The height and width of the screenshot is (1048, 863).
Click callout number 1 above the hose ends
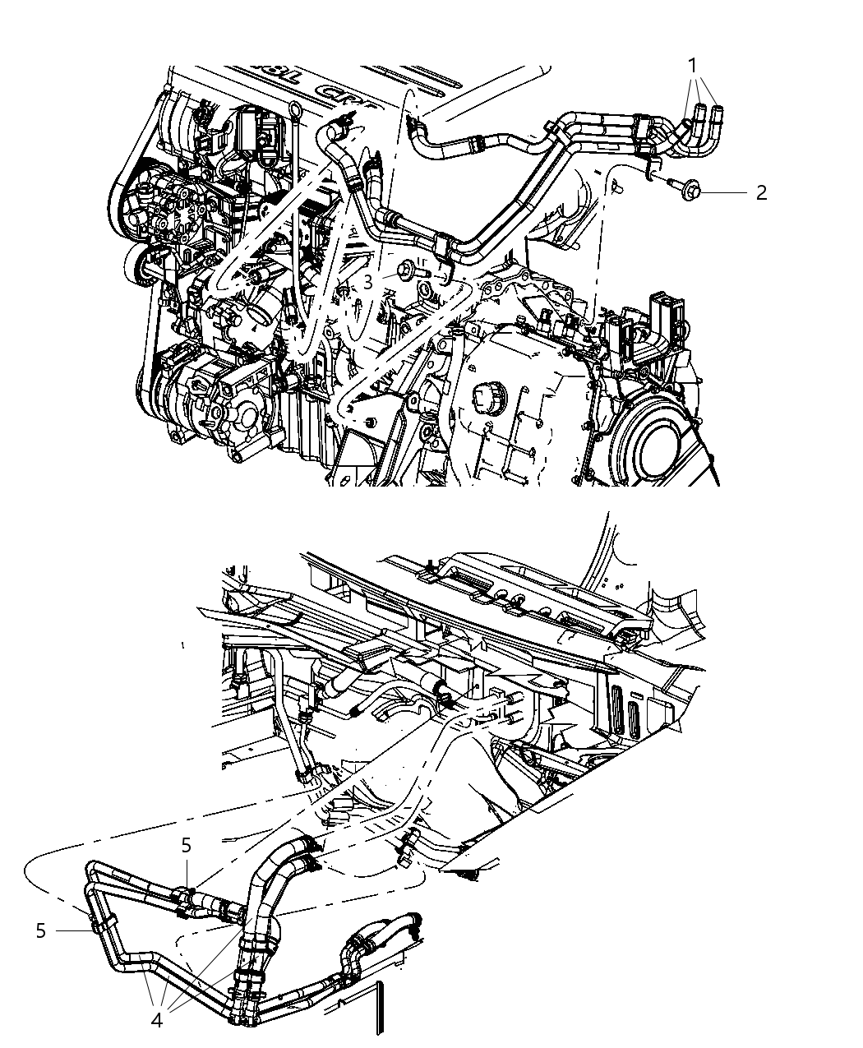[x=693, y=65]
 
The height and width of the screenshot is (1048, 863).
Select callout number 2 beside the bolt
[x=761, y=192]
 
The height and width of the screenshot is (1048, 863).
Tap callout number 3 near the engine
[x=368, y=282]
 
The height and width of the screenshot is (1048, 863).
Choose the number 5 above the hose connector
[x=187, y=844]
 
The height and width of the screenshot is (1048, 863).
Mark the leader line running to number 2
[x=723, y=192]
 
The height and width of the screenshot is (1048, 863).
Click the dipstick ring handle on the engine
[x=295, y=112]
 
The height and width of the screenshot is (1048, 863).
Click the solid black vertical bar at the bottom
[x=379, y=1007]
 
